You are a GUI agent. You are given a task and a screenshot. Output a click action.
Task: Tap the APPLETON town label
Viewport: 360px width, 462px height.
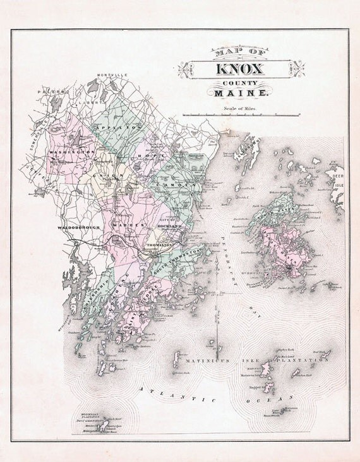(x=112, y=127)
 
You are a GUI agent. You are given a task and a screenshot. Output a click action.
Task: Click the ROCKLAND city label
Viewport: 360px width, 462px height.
(x=170, y=225)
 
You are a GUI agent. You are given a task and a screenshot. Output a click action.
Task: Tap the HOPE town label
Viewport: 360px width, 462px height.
(x=157, y=155)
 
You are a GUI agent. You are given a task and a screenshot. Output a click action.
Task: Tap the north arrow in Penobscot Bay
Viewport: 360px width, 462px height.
(x=216, y=316)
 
